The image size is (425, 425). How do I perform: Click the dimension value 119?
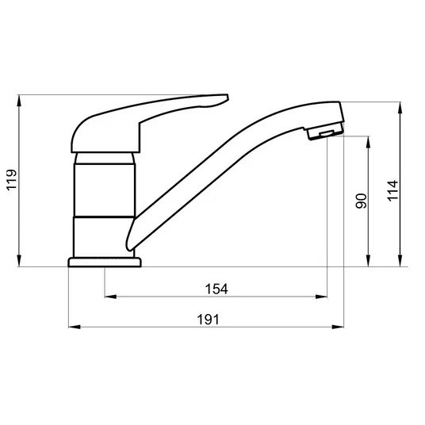(12, 180)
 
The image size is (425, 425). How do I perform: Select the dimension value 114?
(392, 190)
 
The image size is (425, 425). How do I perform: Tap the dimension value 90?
(361, 201)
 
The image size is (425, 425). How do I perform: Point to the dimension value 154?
(216, 289)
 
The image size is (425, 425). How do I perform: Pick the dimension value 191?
(208, 320)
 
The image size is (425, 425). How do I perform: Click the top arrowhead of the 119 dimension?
(19, 101)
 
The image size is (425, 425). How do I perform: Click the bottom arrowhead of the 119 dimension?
(19, 261)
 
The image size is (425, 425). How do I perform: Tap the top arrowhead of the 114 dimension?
(400, 108)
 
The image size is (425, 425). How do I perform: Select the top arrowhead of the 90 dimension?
(368, 142)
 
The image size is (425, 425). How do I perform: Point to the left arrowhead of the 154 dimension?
(110, 297)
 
